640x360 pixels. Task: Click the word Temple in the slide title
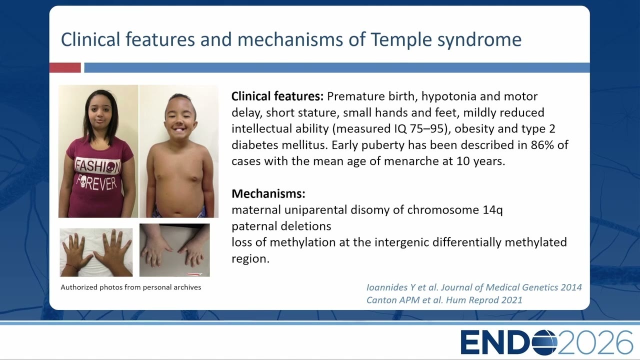[401, 40]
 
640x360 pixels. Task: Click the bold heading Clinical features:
[277, 96]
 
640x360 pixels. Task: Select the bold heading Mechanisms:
[268, 193]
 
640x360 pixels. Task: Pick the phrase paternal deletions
[281, 226]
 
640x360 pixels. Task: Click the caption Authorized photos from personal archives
[131, 287]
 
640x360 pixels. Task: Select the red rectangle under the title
[65, 67]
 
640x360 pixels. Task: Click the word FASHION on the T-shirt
[97, 166]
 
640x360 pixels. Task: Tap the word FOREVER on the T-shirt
[96, 182]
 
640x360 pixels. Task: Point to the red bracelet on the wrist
[71, 267]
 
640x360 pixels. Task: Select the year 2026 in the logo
[595, 342]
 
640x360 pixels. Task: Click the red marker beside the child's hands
[194, 274]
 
